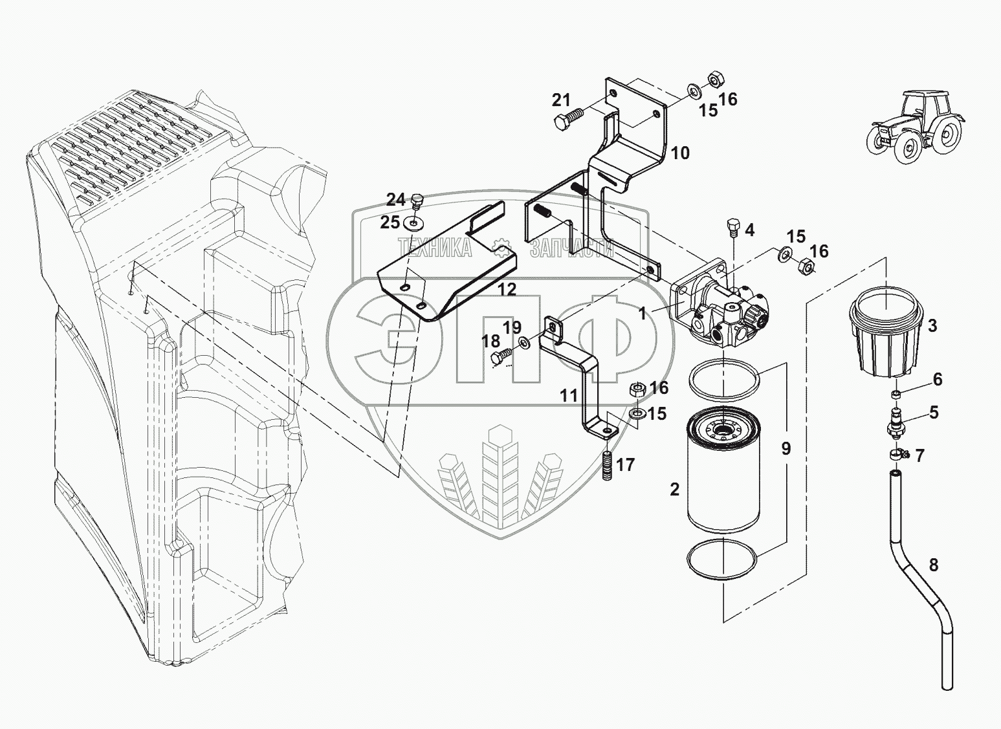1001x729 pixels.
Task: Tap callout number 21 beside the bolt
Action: [561, 100]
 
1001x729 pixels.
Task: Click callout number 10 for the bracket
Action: [680, 153]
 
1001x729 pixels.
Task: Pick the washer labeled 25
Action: [410, 224]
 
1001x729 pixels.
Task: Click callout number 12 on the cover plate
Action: [507, 289]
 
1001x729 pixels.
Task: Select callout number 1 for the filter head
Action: [642, 314]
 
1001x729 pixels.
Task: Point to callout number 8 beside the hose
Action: [933, 565]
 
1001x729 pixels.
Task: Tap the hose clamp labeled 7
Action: [899, 454]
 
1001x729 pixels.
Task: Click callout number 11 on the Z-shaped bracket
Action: [568, 395]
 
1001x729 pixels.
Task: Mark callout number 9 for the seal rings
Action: [786, 448]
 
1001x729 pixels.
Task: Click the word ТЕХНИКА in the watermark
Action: [435, 247]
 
